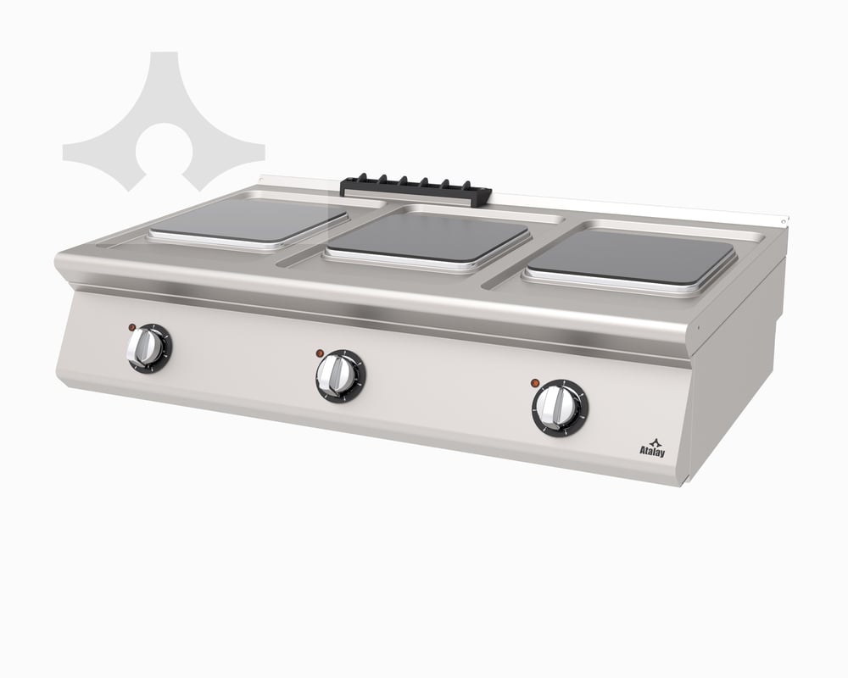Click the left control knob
point(149,348)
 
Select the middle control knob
point(340,375)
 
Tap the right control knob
point(561,407)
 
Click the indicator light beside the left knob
point(131,327)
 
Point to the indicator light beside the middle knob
point(320,353)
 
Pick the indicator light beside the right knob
point(535,383)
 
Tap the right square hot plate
point(631,258)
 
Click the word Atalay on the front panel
point(652,452)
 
